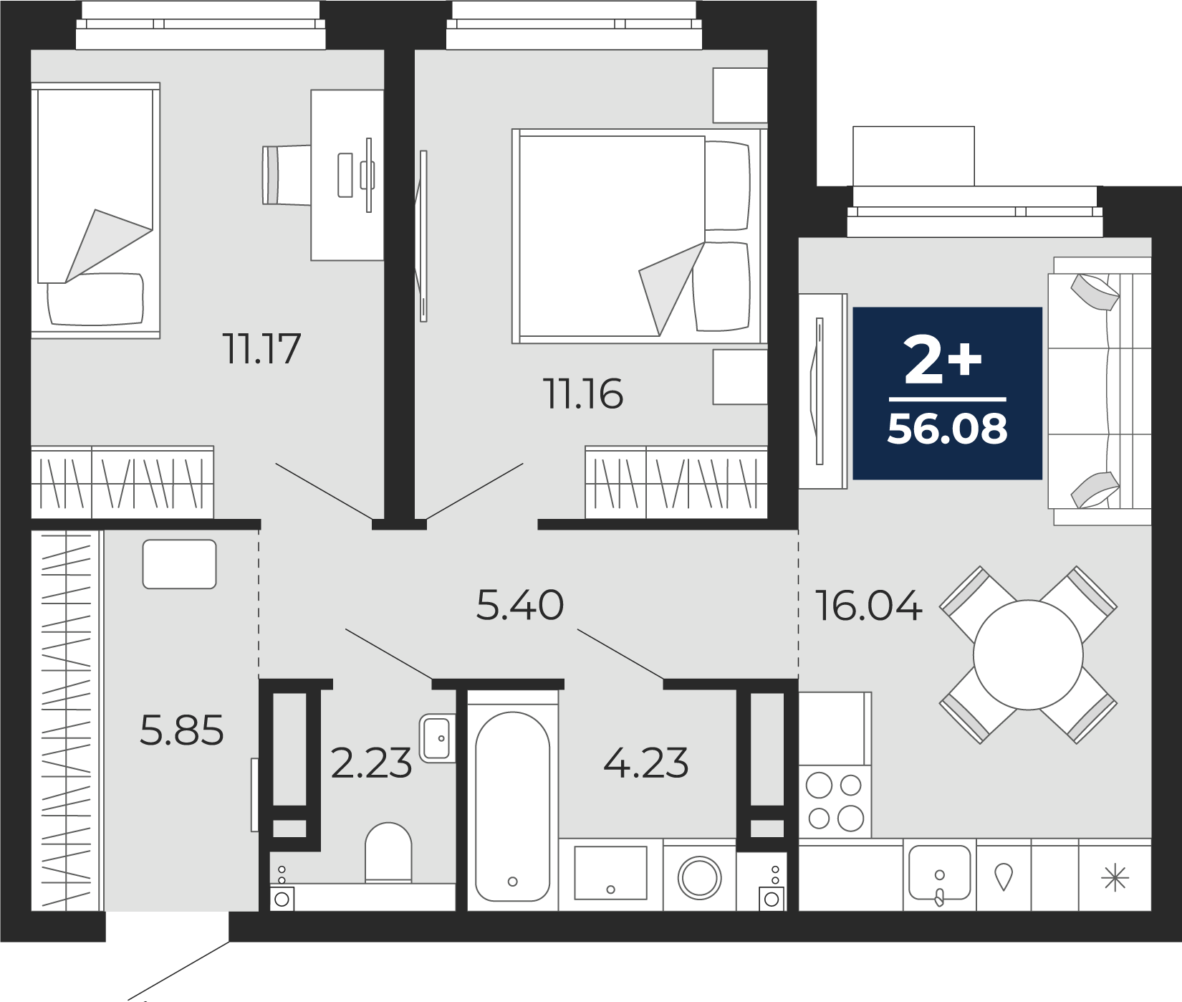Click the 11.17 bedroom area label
tap(261, 349)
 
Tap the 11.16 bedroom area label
tap(584, 394)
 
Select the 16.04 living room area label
tap(868, 606)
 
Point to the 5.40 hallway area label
tap(520, 605)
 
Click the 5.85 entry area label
tap(182, 730)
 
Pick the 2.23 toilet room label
tap(371, 763)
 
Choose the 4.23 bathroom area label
tap(645, 763)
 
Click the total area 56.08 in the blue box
tap(947, 429)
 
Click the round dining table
tap(1028, 655)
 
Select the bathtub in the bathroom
tap(512, 806)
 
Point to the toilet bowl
tap(388, 852)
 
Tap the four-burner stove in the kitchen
tap(835, 801)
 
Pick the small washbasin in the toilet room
tap(437, 738)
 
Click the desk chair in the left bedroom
tap(287, 175)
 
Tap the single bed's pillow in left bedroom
tap(95, 298)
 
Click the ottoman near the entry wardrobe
tap(179, 564)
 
